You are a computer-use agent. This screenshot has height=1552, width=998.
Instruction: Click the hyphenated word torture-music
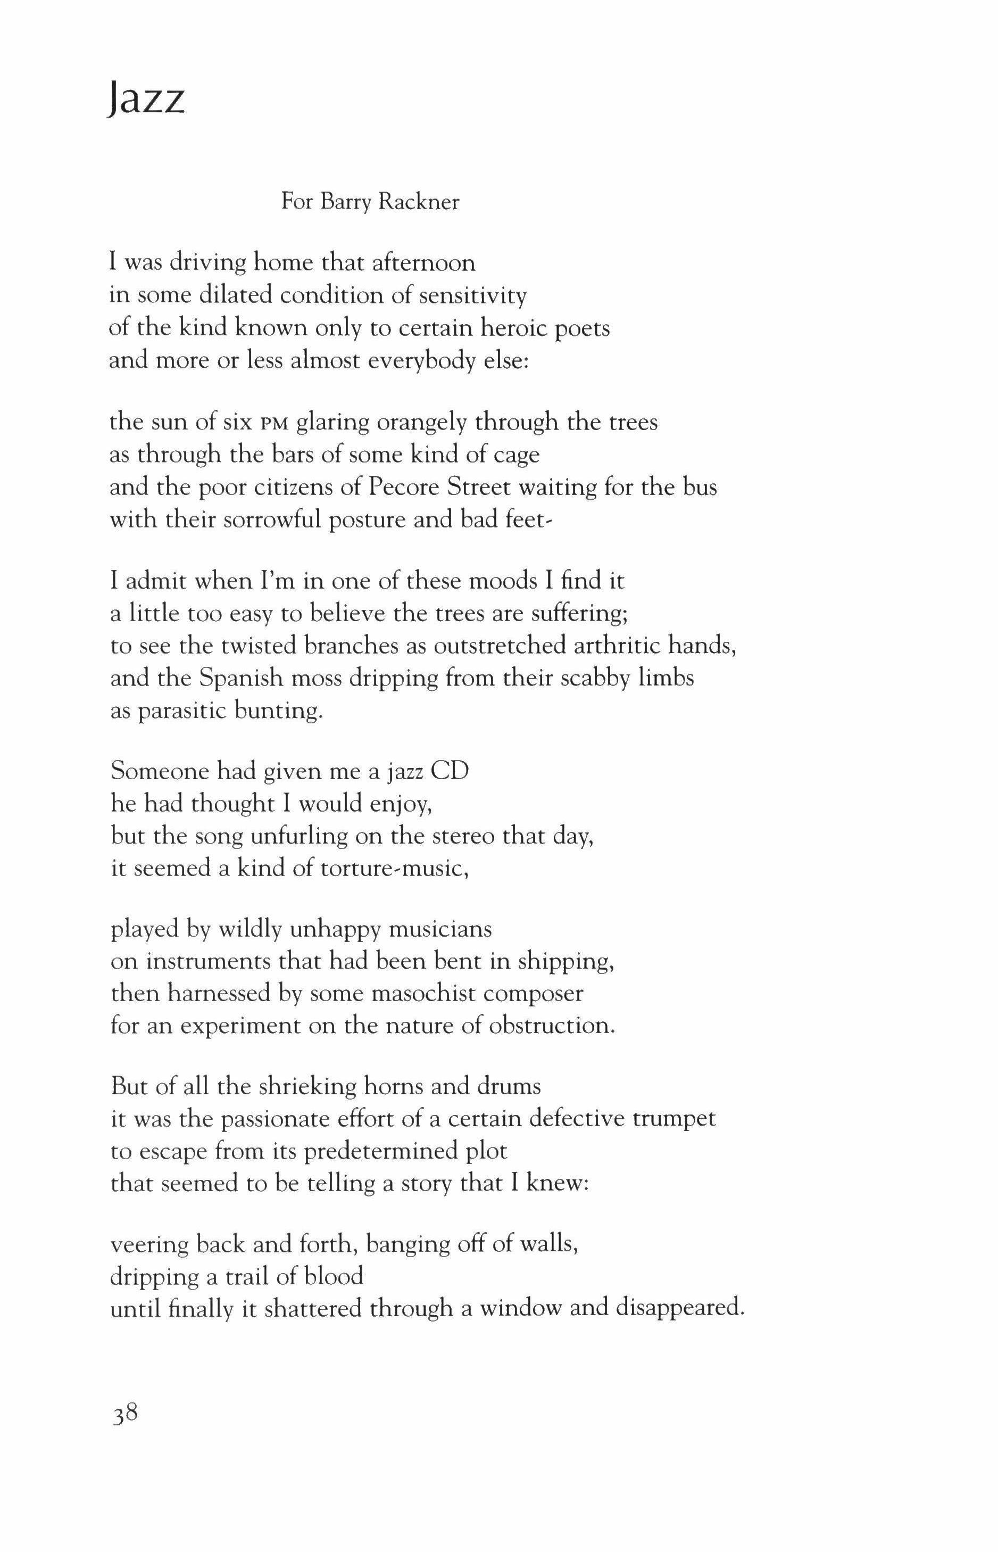point(394,868)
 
